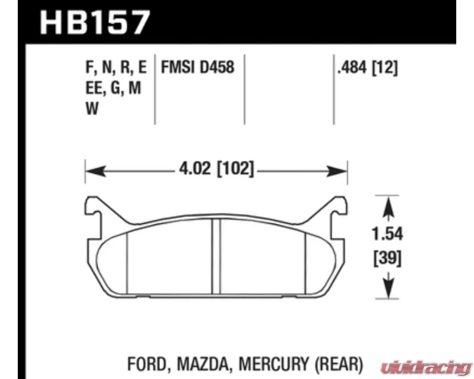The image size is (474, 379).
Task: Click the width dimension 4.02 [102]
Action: click(216, 171)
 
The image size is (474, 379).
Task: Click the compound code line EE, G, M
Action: click(113, 89)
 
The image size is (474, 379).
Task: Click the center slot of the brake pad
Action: click(216, 257)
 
